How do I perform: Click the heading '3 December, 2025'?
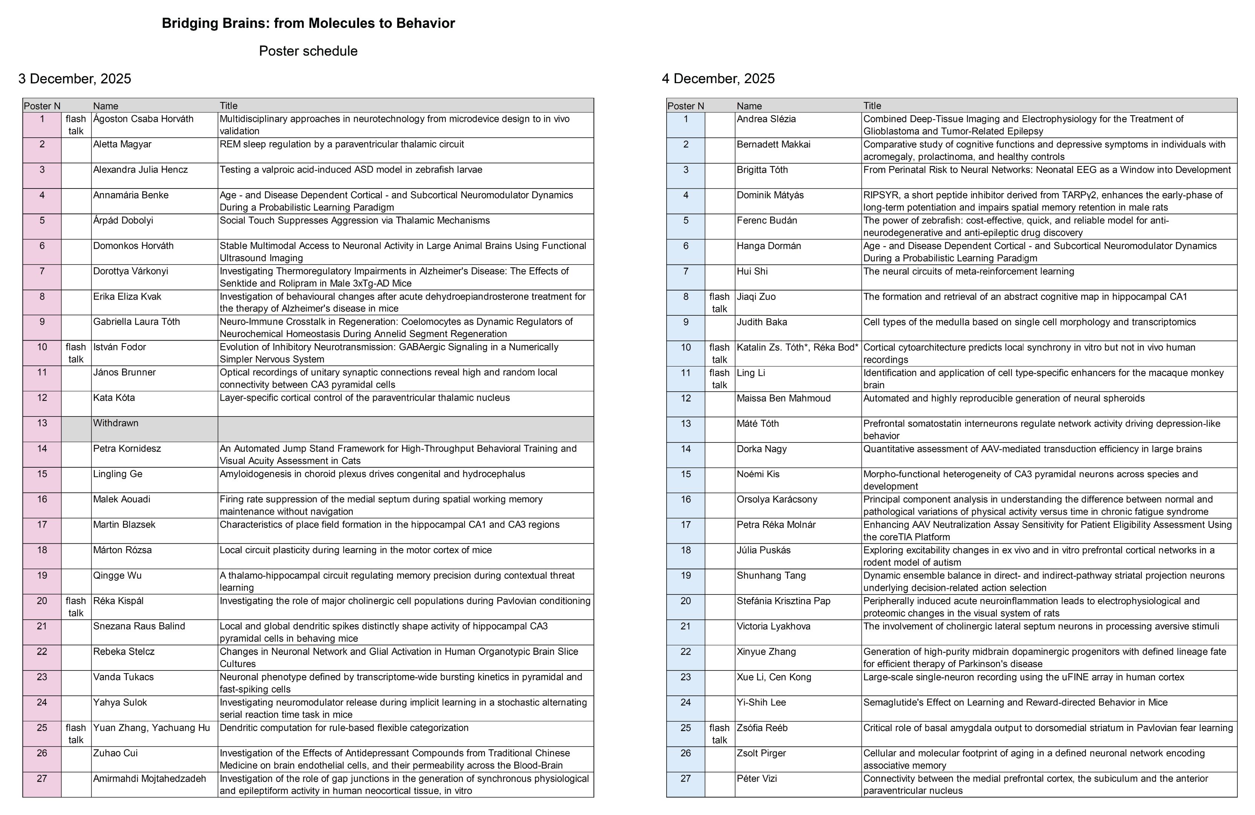pyautogui.click(x=75, y=79)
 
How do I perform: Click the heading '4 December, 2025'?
pyautogui.click(x=718, y=79)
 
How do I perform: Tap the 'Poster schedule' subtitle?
pyautogui.click(x=308, y=51)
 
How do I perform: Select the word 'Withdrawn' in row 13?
pyautogui.click(x=116, y=423)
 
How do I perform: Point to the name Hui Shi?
pyautogui.click(x=752, y=271)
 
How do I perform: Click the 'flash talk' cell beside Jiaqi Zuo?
pyautogui.click(x=719, y=303)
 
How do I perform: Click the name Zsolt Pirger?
pyautogui.click(x=761, y=753)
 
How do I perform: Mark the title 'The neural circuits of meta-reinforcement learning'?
pyautogui.click(x=968, y=271)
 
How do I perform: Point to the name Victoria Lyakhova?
pyautogui.click(x=773, y=626)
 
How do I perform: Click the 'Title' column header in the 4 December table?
pyautogui.click(x=872, y=105)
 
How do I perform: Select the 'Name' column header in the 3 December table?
pyautogui.click(x=105, y=105)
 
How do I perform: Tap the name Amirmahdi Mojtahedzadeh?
pyautogui.click(x=149, y=779)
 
